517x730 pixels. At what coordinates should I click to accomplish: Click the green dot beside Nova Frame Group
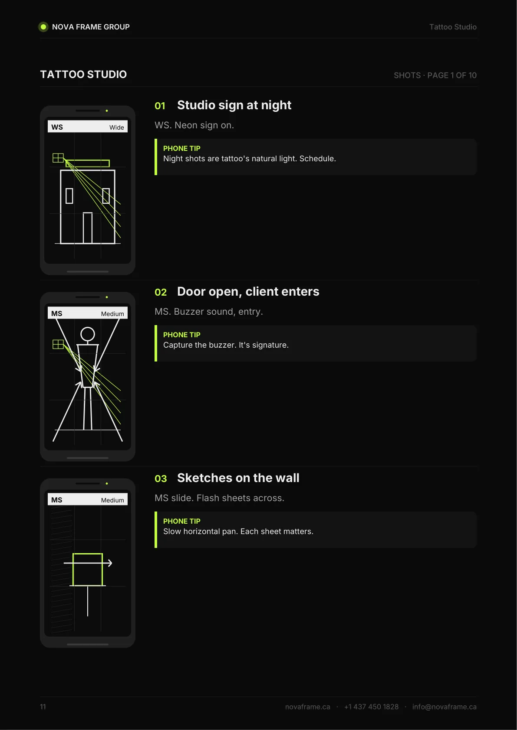[x=43, y=27]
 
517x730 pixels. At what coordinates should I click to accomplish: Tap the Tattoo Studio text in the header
[x=453, y=27]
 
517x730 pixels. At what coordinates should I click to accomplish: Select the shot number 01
[x=160, y=106]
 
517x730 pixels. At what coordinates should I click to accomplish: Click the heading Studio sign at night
[x=234, y=105]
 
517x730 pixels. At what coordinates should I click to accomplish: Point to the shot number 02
[x=161, y=292]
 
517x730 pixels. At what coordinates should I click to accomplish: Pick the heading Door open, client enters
[x=248, y=291]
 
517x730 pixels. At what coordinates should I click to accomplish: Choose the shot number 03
[x=161, y=479]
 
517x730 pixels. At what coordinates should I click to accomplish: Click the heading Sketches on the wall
[x=238, y=478]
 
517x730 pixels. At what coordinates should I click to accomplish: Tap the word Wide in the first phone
[x=116, y=127]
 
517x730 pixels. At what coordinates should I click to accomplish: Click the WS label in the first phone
[x=57, y=127]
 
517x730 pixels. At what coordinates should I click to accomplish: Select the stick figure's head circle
[x=88, y=334]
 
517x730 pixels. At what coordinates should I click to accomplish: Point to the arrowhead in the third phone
[x=110, y=563]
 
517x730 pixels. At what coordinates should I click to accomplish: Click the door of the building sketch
[x=88, y=228]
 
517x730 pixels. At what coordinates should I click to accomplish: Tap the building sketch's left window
[x=69, y=196]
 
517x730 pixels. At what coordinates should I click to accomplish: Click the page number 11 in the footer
[x=43, y=706]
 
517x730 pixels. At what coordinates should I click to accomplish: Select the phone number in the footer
[x=371, y=706]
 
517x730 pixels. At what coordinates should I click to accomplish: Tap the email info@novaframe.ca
[x=444, y=706]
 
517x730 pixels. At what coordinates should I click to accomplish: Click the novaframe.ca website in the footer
[x=307, y=706]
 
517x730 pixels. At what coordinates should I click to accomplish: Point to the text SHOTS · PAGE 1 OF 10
[x=435, y=75]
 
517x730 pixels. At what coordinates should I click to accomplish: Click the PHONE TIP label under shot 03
[x=181, y=521]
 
